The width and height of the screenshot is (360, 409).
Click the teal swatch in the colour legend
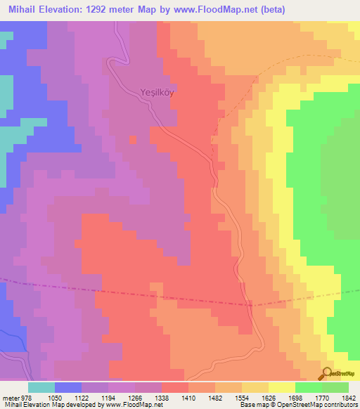[x=41, y=387]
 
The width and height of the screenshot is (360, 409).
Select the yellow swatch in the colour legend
[x=281, y=387]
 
